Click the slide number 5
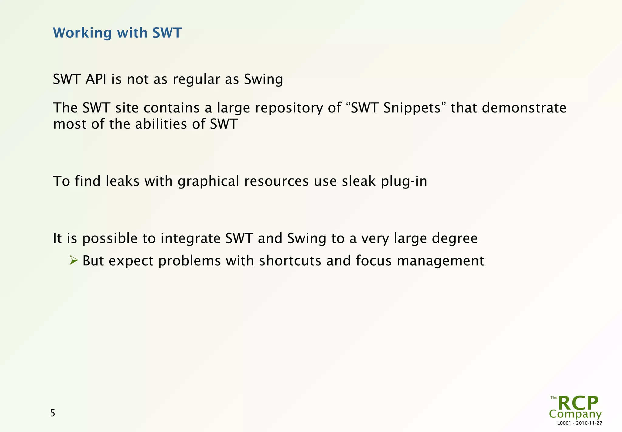[53, 413]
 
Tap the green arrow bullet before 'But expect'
[73, 260]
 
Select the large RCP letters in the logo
[578, 403]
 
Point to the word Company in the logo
[575, 414]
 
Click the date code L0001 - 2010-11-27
[580, 423]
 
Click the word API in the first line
[96, 79]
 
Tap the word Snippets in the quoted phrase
[412, 108]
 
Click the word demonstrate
[524, 108]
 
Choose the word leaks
[122, 181]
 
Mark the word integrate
[190, 239]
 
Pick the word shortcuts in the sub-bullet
[290, 261]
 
